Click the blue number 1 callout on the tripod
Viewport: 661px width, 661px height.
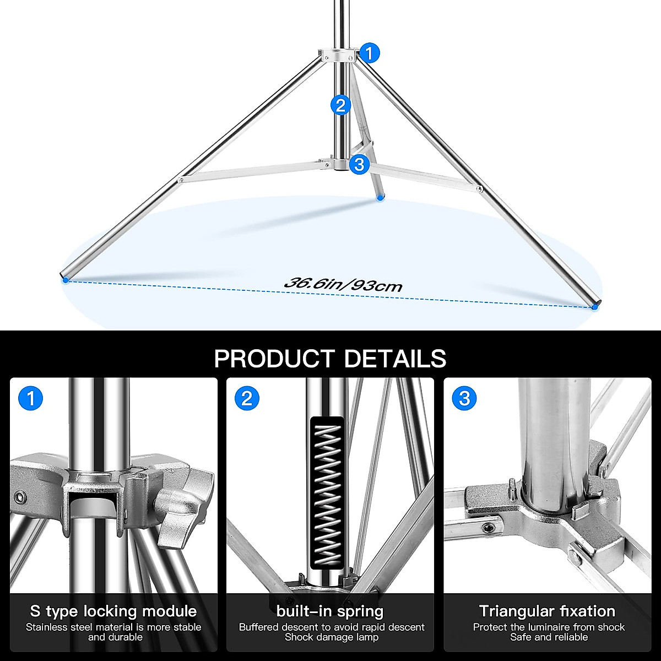click(x=370, y=53)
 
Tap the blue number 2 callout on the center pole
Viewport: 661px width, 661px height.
click(x=340, y=105)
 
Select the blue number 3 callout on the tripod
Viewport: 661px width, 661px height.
click(x=359, y=164)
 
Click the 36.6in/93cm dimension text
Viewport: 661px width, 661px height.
click(x=343, y=285)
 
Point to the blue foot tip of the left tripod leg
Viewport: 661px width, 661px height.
click(x=66, y=280)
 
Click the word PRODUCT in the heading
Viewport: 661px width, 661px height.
click(x=274, y=359)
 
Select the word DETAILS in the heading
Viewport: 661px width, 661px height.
click(x=395, y=359)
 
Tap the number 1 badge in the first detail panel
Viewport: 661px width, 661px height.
click(x=30, y=398)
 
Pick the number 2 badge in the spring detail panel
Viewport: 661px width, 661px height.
click(x=246, y=398)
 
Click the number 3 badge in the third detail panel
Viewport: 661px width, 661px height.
click(x=464, y=398)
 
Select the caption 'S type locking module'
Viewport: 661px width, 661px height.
click(x=113, y=611)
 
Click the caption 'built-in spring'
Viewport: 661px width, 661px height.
click(x=330, y=611)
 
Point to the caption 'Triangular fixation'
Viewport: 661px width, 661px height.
click(x=547, y=611)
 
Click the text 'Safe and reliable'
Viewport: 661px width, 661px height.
click(x=549, y=637)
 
